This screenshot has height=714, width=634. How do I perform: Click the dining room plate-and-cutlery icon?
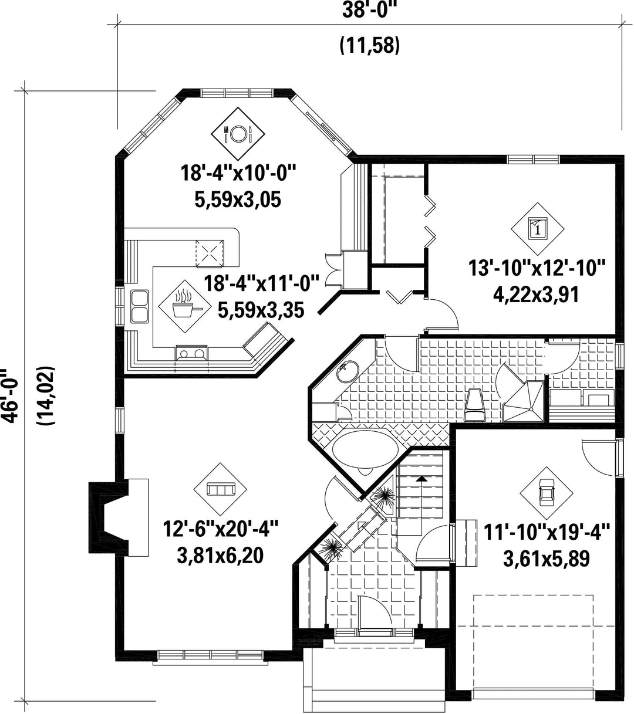238,133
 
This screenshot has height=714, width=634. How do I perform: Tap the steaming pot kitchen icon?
185,306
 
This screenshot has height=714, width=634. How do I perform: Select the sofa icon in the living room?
220,489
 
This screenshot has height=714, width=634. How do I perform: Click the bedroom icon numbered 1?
537,229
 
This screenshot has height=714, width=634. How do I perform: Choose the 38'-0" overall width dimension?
369,10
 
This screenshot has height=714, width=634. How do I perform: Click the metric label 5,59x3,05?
238,199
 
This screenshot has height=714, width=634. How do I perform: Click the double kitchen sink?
140,306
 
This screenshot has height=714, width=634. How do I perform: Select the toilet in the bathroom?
474,405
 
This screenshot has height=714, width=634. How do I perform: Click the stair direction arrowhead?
421,479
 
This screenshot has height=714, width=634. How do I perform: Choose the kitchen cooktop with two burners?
191,353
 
